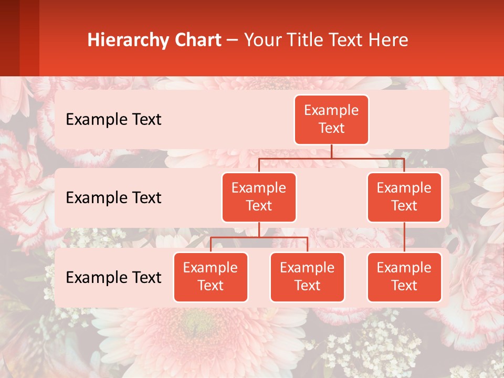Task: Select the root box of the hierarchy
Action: (331, 119)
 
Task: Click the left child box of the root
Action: (259, 197)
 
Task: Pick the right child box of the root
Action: (404, 197)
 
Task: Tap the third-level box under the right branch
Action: (404, 277)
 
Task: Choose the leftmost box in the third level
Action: (211, 277)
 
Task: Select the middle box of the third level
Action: (307, 277)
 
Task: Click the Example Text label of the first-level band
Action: (113, 119)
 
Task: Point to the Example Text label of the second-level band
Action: (113, 197)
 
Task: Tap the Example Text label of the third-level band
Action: (113, 277)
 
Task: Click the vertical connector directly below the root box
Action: (331, 151)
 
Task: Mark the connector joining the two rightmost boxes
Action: (404, 237)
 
